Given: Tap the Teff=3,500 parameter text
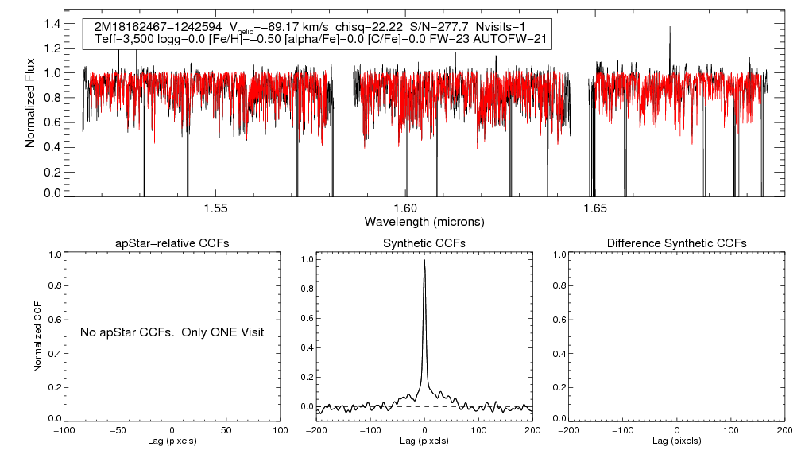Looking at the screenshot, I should [122, 39].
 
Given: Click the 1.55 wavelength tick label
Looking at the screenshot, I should [216, 208].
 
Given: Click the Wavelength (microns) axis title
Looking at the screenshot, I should [424, 221].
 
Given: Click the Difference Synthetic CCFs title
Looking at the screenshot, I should [676, 243].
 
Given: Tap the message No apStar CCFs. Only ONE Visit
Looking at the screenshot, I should [172, 332].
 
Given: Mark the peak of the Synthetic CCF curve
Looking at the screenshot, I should [424, 260].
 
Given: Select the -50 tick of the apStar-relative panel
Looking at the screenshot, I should [118, 430].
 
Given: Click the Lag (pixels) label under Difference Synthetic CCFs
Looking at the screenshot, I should [676, 441].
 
